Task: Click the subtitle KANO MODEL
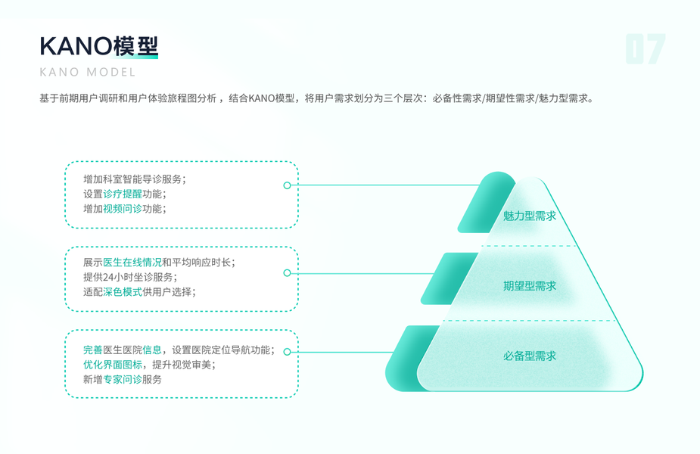88,73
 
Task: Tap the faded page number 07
645,50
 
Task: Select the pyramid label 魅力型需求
530,216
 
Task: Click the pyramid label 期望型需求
530,286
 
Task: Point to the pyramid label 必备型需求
530,356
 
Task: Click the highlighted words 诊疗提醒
123,194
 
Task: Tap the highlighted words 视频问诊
123,209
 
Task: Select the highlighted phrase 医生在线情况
132,263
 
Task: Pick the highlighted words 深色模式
123,292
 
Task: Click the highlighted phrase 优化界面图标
113,365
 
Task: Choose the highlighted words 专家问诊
123,379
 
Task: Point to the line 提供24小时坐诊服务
129,277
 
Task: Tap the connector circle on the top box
287,185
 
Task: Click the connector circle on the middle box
287,273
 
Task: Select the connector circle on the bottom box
287,352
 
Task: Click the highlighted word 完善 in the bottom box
93,350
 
